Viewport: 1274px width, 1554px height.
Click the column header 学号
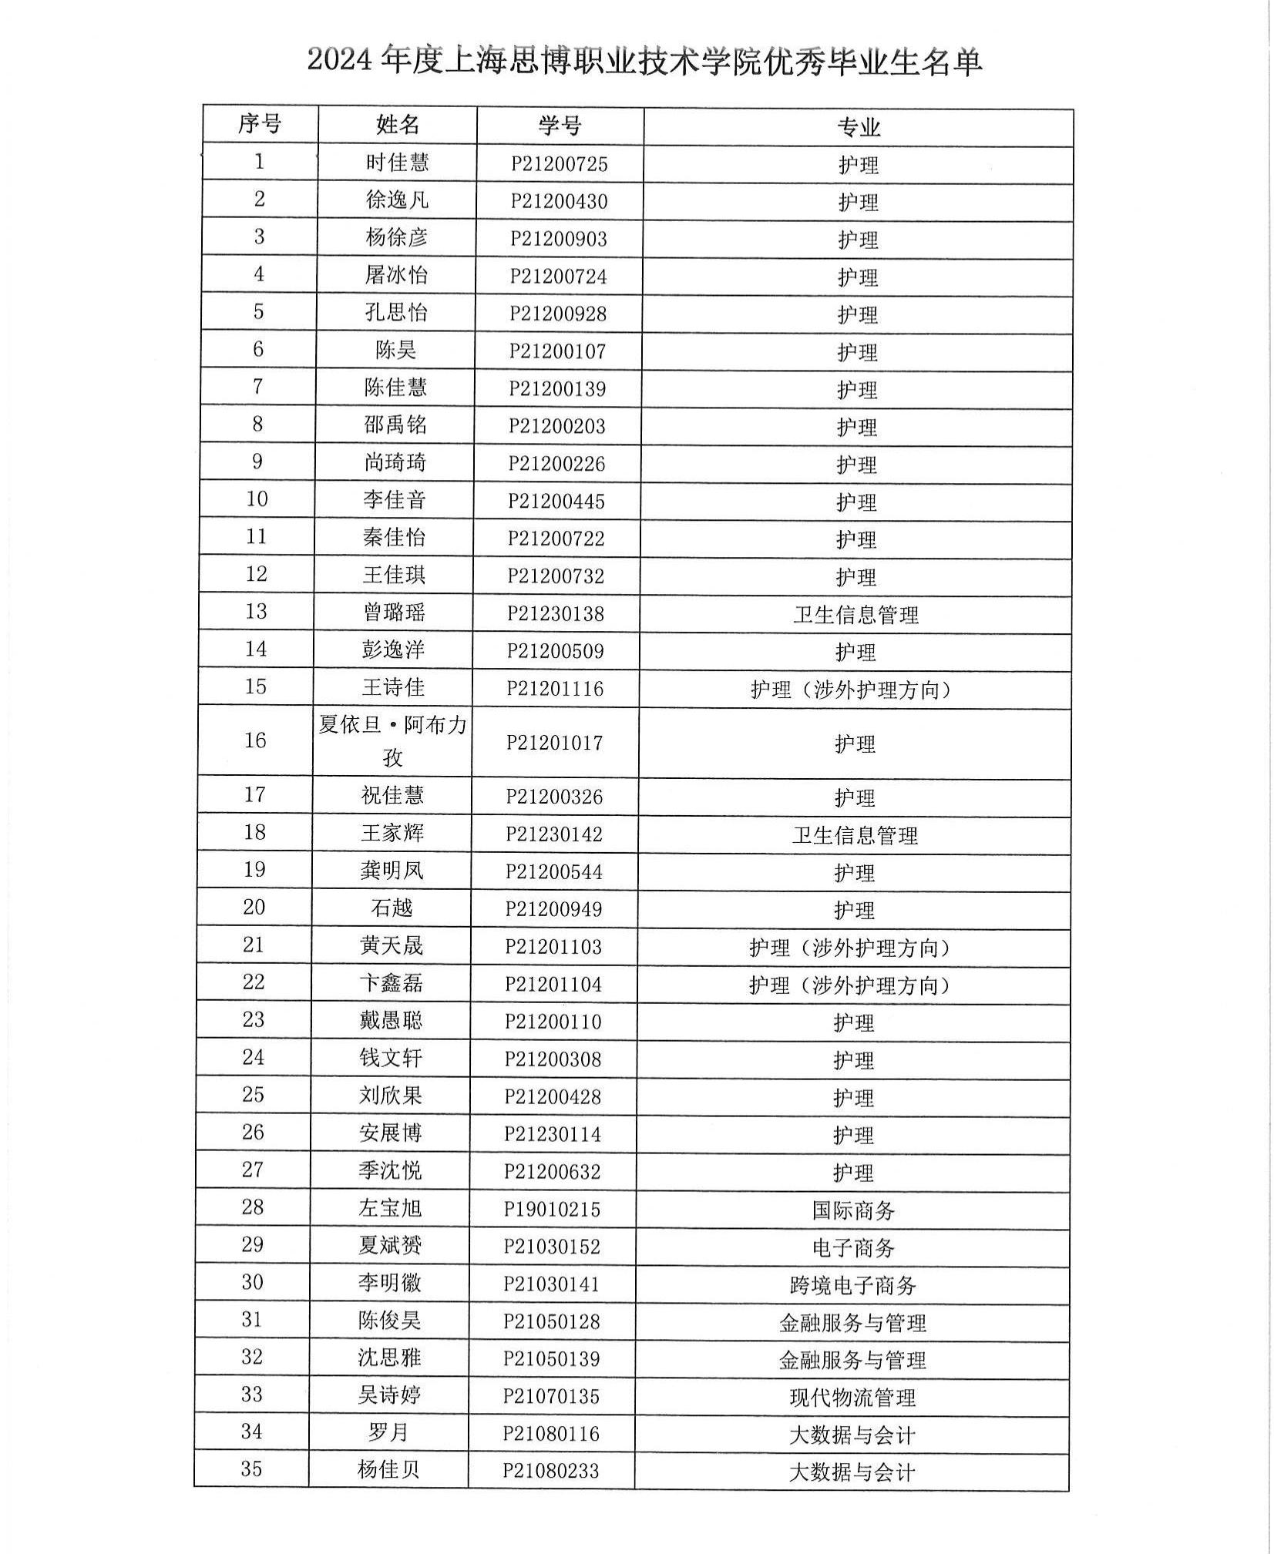pyautogui.click(x=560, y=126)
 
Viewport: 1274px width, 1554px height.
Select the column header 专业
pyautogui.click(x=858, y=127)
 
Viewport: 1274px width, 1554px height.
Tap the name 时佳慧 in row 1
pyautogui.click(x=397, y=163)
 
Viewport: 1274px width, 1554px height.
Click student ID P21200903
pyautogui.click(x=559, y=239)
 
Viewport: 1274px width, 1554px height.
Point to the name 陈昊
pyautogui.click(x=396, y=350)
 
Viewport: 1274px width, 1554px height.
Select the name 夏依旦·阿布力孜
pyautogui.click(x=392, y=740)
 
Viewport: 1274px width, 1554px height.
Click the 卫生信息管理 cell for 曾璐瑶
pyautogui.click(x=855, y=615)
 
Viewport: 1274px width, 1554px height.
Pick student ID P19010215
pyautogui.click(x=552, y=1209)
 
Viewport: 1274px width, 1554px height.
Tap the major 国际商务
pyautogui.click(x=852, y=1210)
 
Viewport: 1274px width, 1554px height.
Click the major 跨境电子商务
pyautogui.click(x=852, y=1285)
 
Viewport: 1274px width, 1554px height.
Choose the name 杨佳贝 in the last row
pyautogui.click(x=388, y=1469)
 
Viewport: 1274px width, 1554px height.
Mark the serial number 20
pyautogui.click(x=254, y=907)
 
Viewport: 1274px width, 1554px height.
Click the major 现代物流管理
pyautogui.click(x=852, y=1398)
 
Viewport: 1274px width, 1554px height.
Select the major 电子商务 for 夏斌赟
pyautogui.click(x=852, y=1247)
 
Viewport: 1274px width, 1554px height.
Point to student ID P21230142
pyautogui.click(x=554, y=834)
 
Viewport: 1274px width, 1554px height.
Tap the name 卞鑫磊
pyautogui.click(x=392, y=983)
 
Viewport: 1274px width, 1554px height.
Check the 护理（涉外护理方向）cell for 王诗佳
pyautogui.click(x=851, y=690)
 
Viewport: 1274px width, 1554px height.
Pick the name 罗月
pyautogui.click(x=388, y=1432)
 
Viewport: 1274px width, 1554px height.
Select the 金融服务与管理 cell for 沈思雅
pyautogui.click(x=852, y=1360)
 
